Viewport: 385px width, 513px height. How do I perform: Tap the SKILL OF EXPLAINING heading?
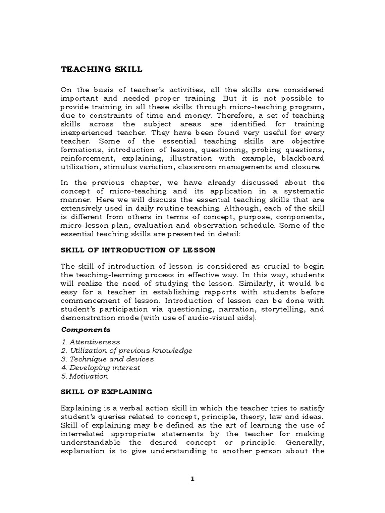(107, 391)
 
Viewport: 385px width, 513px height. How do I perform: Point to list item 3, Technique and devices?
(107, 359)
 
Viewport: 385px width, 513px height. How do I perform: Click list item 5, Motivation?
(84, 376)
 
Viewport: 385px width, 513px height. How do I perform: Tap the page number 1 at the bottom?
(192, 479)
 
